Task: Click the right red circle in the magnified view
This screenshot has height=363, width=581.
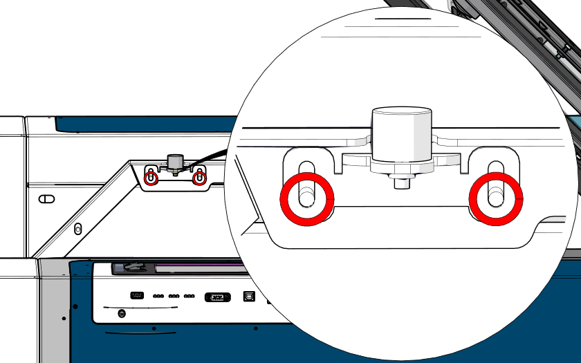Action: pyautogui.click(x=496, y=200)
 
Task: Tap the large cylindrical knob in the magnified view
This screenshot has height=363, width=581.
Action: pyautogui.click(x=402, y=135)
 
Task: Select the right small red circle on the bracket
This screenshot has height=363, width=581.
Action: pyautogui.click(x=199, y=178)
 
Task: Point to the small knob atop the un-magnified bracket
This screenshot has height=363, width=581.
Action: pyautogui.click(x=174, y=162)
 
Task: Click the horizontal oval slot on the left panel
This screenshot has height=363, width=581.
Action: pyautogui.click(x=46, y=199)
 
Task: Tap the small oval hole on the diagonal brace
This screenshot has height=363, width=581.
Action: pyautogui.click(x=77, y=227)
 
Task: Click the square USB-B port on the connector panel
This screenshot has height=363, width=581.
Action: pyautogui.click(x=248, y=296)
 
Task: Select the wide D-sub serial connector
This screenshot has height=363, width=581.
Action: pyautogui.click(x=217, y=297)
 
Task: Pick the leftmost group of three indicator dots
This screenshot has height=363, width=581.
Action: pyautogui.click(x=158, y=296)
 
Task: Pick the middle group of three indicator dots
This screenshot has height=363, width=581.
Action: pyautogui.click(x=174, y=296)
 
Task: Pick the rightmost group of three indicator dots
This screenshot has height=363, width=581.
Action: pyautogui.click(x=190, y=296)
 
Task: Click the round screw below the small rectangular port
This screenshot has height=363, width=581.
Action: pyautogui.click(x=122, y=313)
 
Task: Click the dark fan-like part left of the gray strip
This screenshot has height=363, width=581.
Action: pyautogui.click(x=132, y=266)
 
